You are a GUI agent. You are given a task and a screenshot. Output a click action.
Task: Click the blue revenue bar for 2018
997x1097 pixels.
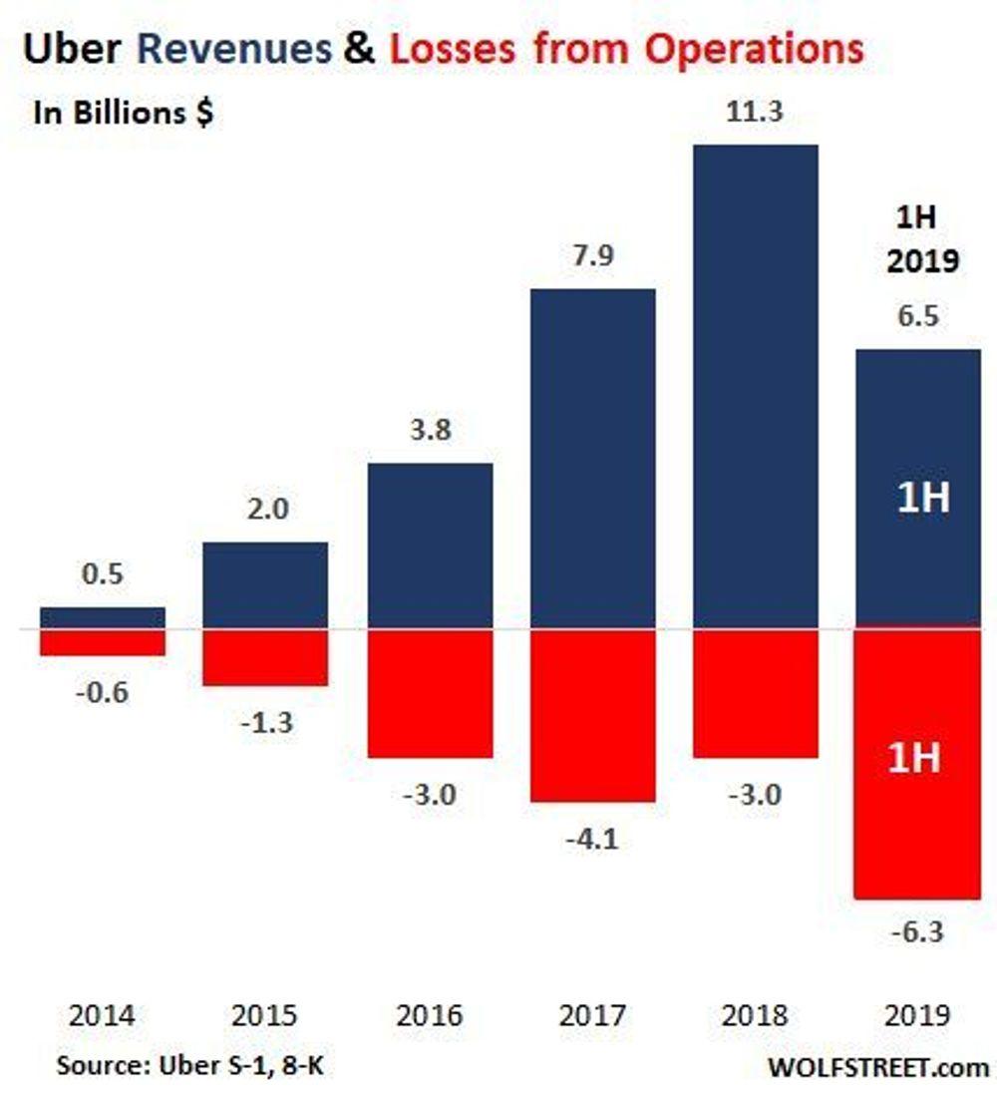(755, 387)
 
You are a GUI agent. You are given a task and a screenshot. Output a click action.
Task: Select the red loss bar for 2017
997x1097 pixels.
(592, 715)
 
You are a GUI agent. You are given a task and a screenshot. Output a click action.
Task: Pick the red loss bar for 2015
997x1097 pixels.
(265, 657)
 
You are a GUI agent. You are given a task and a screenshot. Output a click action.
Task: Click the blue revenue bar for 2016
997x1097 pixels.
(430, 546)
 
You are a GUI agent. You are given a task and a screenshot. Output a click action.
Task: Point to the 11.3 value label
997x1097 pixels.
(755, 112)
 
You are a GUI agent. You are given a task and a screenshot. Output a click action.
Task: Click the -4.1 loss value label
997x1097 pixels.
(592, 840)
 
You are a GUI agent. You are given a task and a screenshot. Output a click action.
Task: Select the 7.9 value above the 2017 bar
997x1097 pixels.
(592, 256)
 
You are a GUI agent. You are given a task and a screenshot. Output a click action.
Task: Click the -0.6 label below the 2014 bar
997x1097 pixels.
(103, 692)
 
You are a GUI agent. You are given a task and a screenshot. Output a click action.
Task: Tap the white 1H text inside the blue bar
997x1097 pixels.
(922, 497)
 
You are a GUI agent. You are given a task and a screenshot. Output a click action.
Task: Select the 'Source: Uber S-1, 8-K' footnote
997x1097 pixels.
(189, 1065)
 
